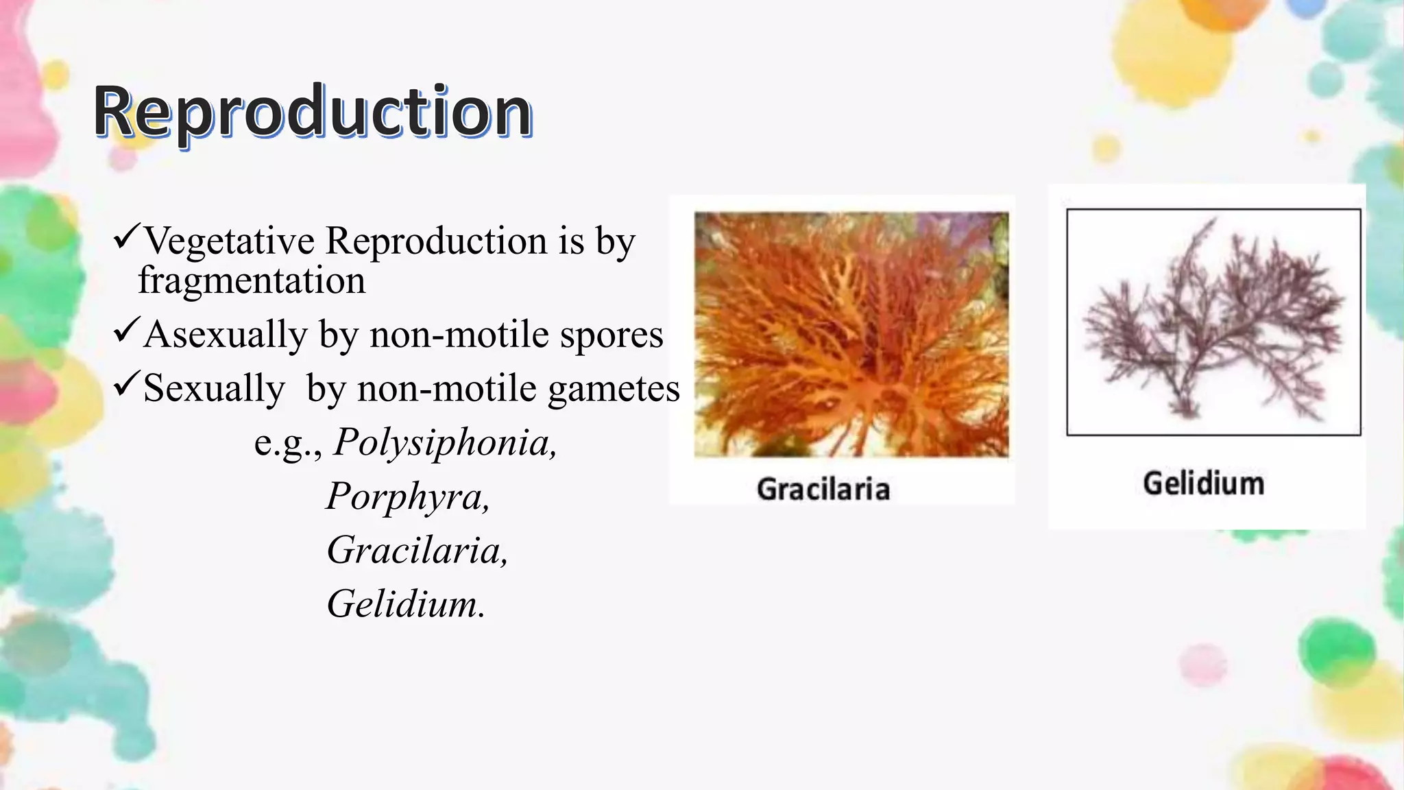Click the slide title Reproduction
(x=313, y=111)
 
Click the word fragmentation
(x=252, y=280)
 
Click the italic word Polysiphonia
(x=445, y=442)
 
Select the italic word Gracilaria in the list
(x=417, y=550)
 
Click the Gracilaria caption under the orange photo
(x=823, y=490)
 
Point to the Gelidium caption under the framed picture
(x=1204, y=483)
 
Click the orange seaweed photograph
(x=851, y=335)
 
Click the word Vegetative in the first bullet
(x=230, y=241)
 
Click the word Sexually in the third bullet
(x=214, y=389)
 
